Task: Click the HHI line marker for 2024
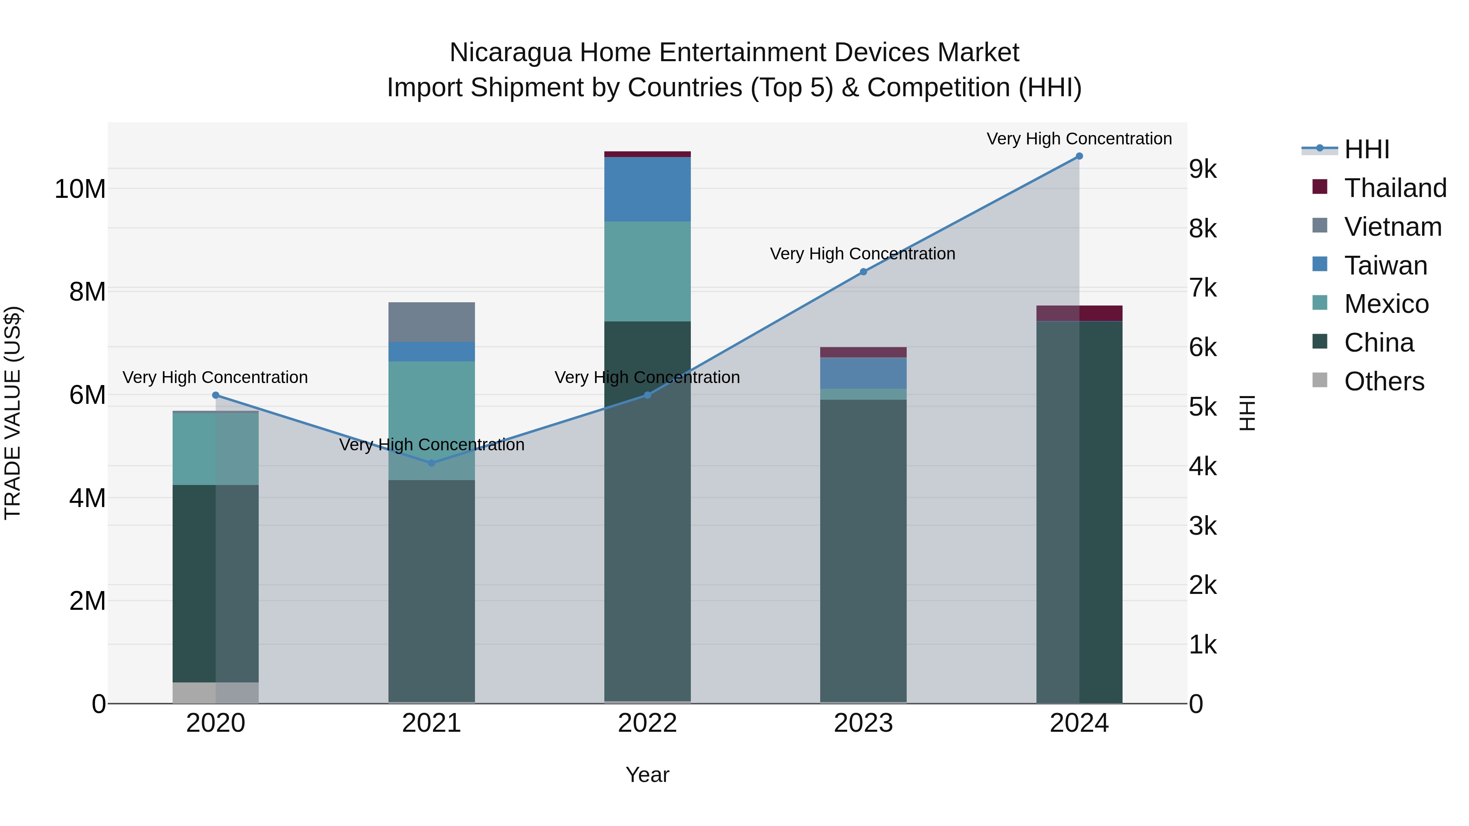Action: (x=1079, y=156)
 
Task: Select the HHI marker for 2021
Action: (x=432, y=463)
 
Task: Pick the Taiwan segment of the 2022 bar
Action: (x=647, y=189)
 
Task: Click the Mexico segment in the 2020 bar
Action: (x=215, y=449)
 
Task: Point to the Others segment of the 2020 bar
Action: (x=215, y=693)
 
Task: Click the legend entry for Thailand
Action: (x=1395, y=188)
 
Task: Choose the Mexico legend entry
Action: (x=1386, y=304)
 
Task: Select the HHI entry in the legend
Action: (x=1366, y=149)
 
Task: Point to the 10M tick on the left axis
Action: (x=80, y=189)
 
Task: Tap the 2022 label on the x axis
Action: (x=647, y=723)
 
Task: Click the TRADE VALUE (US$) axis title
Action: (x=13, y=413)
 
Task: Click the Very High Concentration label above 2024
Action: (x=1079, y=139)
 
